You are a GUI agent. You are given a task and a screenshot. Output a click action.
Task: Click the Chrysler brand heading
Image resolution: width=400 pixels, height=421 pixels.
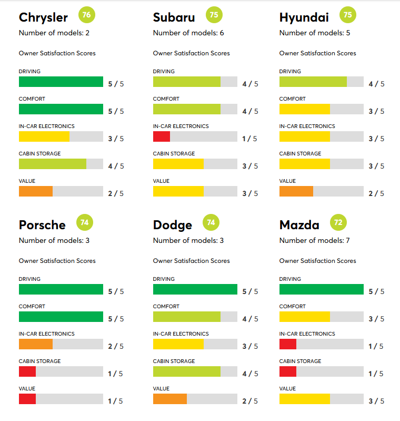(43, 17)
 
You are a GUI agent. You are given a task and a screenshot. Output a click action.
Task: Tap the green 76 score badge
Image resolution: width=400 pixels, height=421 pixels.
(87, 15)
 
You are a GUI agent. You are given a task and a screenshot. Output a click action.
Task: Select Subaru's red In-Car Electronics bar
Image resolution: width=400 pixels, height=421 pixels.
(162, 136)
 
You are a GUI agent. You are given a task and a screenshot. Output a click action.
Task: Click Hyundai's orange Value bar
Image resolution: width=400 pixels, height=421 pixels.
(296, 191)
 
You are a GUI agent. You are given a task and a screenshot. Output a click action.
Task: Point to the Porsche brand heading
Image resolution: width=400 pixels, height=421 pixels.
(42, 225)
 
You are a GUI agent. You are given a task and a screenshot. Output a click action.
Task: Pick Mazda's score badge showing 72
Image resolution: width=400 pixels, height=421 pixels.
(338, 222)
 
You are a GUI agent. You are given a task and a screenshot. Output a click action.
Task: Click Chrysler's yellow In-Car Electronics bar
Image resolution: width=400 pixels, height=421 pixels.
(44, 136)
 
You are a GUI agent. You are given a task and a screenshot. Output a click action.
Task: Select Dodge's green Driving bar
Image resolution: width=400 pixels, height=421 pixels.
(195, 289)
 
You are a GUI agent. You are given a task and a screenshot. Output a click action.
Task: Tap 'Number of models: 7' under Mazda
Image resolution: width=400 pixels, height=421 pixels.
(314, 241)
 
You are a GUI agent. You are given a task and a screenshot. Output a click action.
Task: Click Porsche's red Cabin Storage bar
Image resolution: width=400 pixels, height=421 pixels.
(27, 371)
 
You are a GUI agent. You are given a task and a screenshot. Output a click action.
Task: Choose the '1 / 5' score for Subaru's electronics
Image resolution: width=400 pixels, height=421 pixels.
(249, 139)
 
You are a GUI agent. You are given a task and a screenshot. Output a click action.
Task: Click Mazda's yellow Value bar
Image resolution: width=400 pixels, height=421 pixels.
(305, 399)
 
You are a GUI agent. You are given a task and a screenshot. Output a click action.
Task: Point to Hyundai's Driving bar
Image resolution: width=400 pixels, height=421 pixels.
(313, 82)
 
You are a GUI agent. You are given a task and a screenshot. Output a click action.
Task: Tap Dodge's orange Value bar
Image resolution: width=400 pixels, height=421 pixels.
(170, 399)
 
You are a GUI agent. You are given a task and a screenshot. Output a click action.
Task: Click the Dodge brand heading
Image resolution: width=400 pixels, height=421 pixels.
(173, 225)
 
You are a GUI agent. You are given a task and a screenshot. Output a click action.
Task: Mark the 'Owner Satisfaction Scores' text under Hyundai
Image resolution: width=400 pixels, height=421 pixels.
(317, 53)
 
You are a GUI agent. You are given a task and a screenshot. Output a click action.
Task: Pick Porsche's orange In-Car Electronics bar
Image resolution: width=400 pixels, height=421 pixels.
(36, 344)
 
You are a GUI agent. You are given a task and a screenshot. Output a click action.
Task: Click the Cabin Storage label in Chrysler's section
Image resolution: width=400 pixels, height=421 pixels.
(39, 154)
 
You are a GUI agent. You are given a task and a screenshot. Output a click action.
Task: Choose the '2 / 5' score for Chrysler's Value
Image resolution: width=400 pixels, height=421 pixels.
(116, 193)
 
